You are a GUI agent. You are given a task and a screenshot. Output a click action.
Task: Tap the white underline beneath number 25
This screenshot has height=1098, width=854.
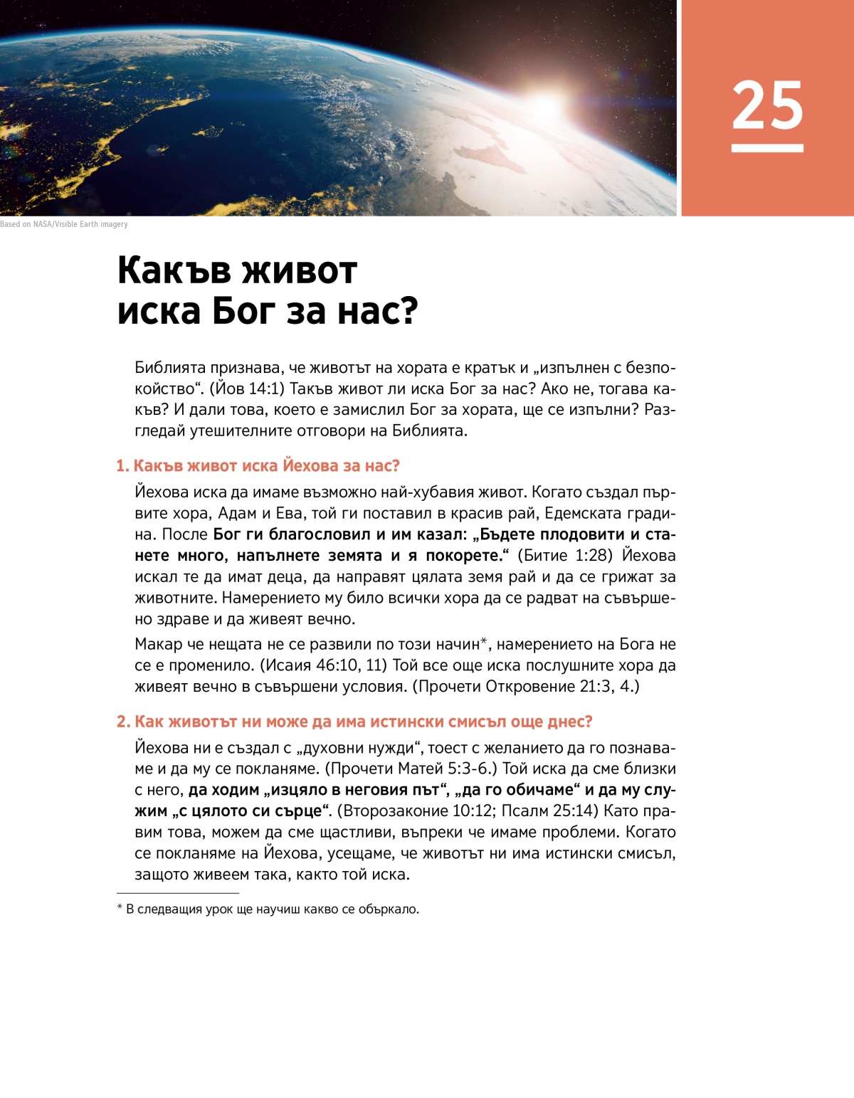[767, 148]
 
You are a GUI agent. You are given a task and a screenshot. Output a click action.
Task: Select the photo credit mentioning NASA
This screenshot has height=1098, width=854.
[64, 224]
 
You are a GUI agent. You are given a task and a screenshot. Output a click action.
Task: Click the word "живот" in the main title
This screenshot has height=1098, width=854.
[298, 270]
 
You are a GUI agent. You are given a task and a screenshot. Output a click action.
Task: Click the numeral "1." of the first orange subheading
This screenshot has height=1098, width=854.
[122, 466]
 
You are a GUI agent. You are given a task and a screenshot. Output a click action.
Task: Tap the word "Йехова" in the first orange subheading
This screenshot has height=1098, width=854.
[310, 466]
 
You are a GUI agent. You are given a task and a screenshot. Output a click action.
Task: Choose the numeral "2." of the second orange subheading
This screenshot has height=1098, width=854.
[123, 722]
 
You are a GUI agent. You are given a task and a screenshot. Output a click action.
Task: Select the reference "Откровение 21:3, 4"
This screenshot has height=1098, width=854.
[559, 687]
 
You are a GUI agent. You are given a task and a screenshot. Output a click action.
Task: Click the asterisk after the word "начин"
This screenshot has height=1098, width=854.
[483, 642]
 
